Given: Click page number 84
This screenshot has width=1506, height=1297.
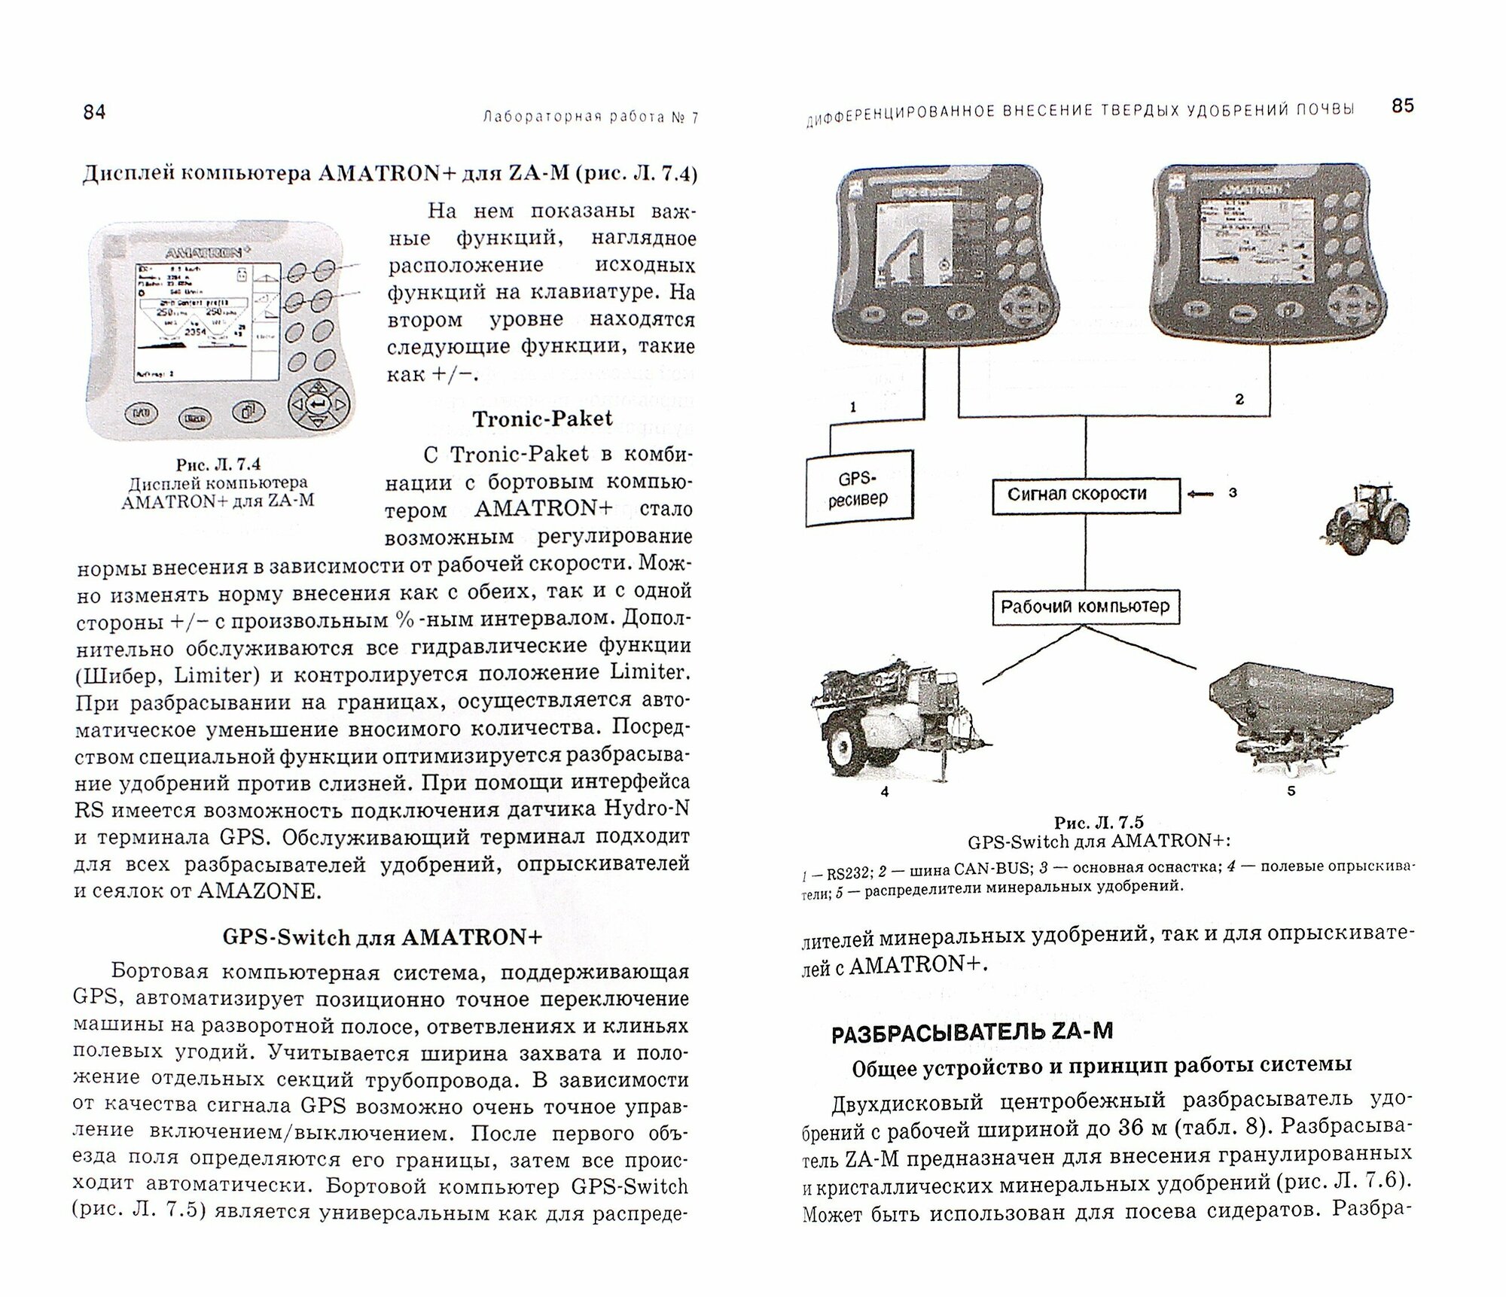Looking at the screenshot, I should click(x=94, y=112).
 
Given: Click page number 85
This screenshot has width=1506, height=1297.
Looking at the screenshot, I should click(x=1403, y=106).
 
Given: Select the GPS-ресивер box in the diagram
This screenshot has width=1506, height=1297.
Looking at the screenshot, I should click(x=858, y=489).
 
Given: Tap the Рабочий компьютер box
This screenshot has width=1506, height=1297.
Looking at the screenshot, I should click(x=1085, y=607).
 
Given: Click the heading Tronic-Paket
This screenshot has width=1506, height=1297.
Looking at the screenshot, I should click(x=542, y=419).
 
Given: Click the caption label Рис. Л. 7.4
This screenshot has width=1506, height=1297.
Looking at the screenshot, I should click(x=218, y=465).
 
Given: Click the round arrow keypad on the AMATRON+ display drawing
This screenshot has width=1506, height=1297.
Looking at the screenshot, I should click(x=319, y=406).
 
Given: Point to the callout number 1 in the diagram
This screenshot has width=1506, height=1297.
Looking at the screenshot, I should click(x=852, y=407).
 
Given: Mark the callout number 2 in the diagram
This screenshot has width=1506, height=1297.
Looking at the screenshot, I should click(x=1239, y=399).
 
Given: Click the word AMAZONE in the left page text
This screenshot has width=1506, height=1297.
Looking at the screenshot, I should click(x=258, y=891).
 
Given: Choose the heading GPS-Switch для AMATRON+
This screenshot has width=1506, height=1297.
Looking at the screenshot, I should click(x=382, y=937).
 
